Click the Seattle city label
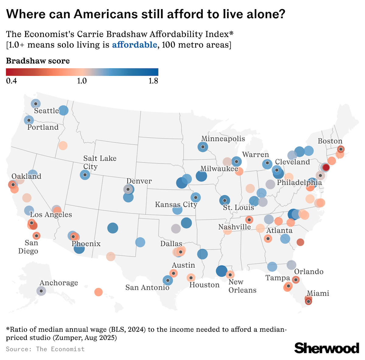pyautogui.click(x=46, y=111)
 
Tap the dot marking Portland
pyautogui.click(x=29, y=120)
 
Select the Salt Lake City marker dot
pyautogui.click(x=85, y=175)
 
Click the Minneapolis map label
pyautogui.click(x=223, y=139)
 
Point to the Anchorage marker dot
pyautogui.click(x=41, y=291)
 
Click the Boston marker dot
pyautogui.click(x=341, y=149)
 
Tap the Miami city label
pyautogui.click(x=318, y=293)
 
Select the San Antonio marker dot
pyautogui.click(x=167, y=280)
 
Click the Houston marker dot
pyautogui.click(x=191, y=278)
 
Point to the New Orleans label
pyautogui.click(x=242, y=286)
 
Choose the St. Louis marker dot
pyautogui.click(x=225, y=200)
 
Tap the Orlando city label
pyautogui.click(x=309, y=272)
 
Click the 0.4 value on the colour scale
pyautogui.click(x=11, y=81)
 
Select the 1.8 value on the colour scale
pyautogui.click(x=153, y=81)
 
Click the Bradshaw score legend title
pyautogui.click(x=38, y=61)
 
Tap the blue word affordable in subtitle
pyautogui.click(x=135, y=45)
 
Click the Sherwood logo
pyautogui.click(x=327, y=348)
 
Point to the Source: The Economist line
pyautogui.click(x=45, y=349)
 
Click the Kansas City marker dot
pyautogui.click(x=196, y=198)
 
